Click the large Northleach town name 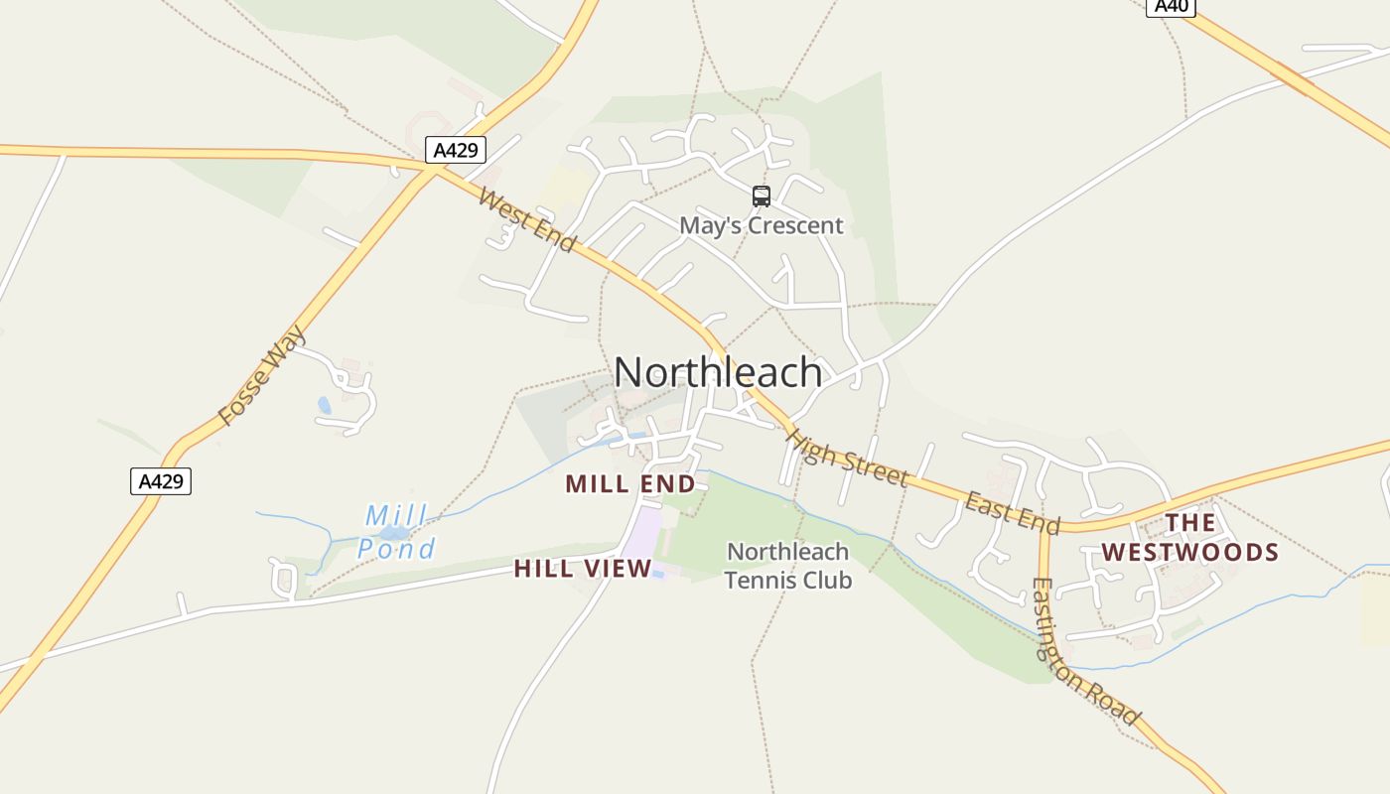[x=718, y=372]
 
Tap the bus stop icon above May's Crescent [x=762, y=197]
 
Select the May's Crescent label [x=761, y=225]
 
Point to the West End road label [x=526, y=219]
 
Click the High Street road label [x=846, y=457]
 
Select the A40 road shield [x=1171, y=6]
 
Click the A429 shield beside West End [x=456, y=151]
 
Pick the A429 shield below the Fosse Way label [x=160, y=481]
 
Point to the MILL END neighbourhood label [x=630, y=484]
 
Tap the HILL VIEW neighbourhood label [x=583, y=569]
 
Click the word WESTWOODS [x=1190, y=552]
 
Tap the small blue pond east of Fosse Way [x=325, y=405]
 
